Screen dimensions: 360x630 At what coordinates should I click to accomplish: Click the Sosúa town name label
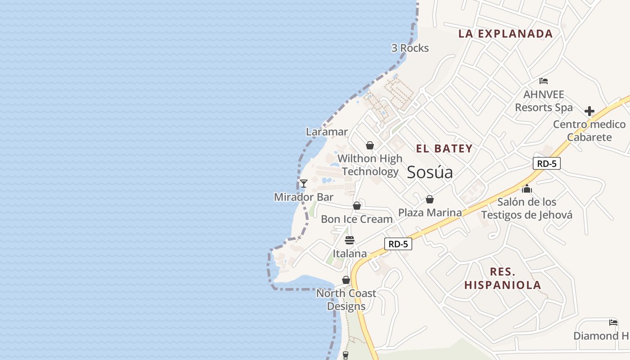pyautogui.click(x=430, y=172)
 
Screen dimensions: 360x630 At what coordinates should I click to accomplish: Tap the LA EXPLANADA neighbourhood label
pyautogui.click(x=505, y=34)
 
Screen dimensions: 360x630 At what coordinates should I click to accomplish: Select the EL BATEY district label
pyautogui.click(x=444, y=148)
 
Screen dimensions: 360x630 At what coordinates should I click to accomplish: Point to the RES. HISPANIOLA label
pyautogui.click(x=503, y=279)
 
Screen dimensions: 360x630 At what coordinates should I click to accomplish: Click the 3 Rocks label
pyautogui.click(x=410, y=48)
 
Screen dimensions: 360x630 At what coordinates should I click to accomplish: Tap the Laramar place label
pyautogui.click(x=327, y=132)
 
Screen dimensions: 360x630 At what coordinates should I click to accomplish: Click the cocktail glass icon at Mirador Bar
pyautogui.click(x=304, y=184)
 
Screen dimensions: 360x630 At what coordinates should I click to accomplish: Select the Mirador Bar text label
pyautogui.click(x=304, y=197)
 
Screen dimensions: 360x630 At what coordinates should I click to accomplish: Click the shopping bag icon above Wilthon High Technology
pyautogui.click(x=370, y=145)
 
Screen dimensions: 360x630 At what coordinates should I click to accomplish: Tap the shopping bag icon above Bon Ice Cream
pyautogui.click(x=357, y=206)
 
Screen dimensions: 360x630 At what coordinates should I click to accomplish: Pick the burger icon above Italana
pyautogui.click(x=350, y=240)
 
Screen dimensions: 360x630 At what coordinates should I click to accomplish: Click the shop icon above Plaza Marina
pyautogui.click(x=430, y=199)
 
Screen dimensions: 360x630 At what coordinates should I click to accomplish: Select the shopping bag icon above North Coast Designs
pyautogui.click(x=346, y=280)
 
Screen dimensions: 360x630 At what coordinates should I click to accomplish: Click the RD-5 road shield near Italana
pyautogui.click(x=398, y=244)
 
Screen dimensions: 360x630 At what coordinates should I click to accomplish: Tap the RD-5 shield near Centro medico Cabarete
pyautogui.click(x=547, y=163)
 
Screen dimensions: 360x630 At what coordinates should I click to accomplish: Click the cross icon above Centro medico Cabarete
pyautogui.click(x=589, y=111)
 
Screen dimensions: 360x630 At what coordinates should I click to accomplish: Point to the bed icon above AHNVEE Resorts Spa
pyautogui.click(x=544, y=81)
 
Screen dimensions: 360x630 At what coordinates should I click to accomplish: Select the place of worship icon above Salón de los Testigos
pyautogui.click(x=527, y=189)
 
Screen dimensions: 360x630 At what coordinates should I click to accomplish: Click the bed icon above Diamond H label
pyautogui.click(x=613, y=322)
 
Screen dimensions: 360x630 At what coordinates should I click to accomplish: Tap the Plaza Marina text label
pyautogui.click(x=430, y=212)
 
